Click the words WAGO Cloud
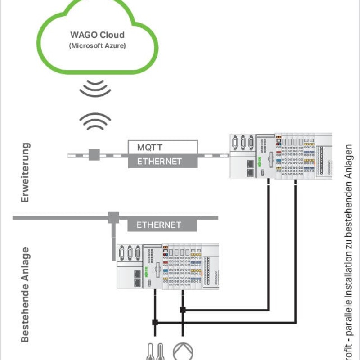click(97, 35)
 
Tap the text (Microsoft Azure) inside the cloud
click(97, 45)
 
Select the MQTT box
click(162, 147)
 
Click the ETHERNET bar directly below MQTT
click(162, 161)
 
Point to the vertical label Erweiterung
click(26, 172)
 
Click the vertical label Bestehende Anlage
click(26, 294)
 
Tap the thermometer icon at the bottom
click(155, 351)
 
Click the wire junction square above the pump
click(183, 310)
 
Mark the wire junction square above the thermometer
click(155, 322)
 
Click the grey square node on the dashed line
click(94, 155)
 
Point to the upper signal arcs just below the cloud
click(95, 88)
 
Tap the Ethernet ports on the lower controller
click(136, 278)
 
